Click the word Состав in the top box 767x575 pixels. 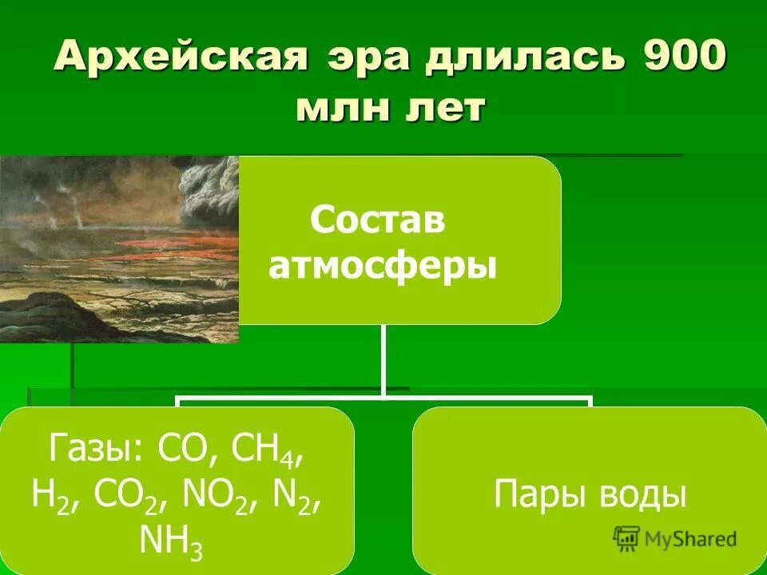377,220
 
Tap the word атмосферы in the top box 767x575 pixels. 383,266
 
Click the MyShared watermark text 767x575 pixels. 692,539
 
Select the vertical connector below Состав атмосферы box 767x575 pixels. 383,359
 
